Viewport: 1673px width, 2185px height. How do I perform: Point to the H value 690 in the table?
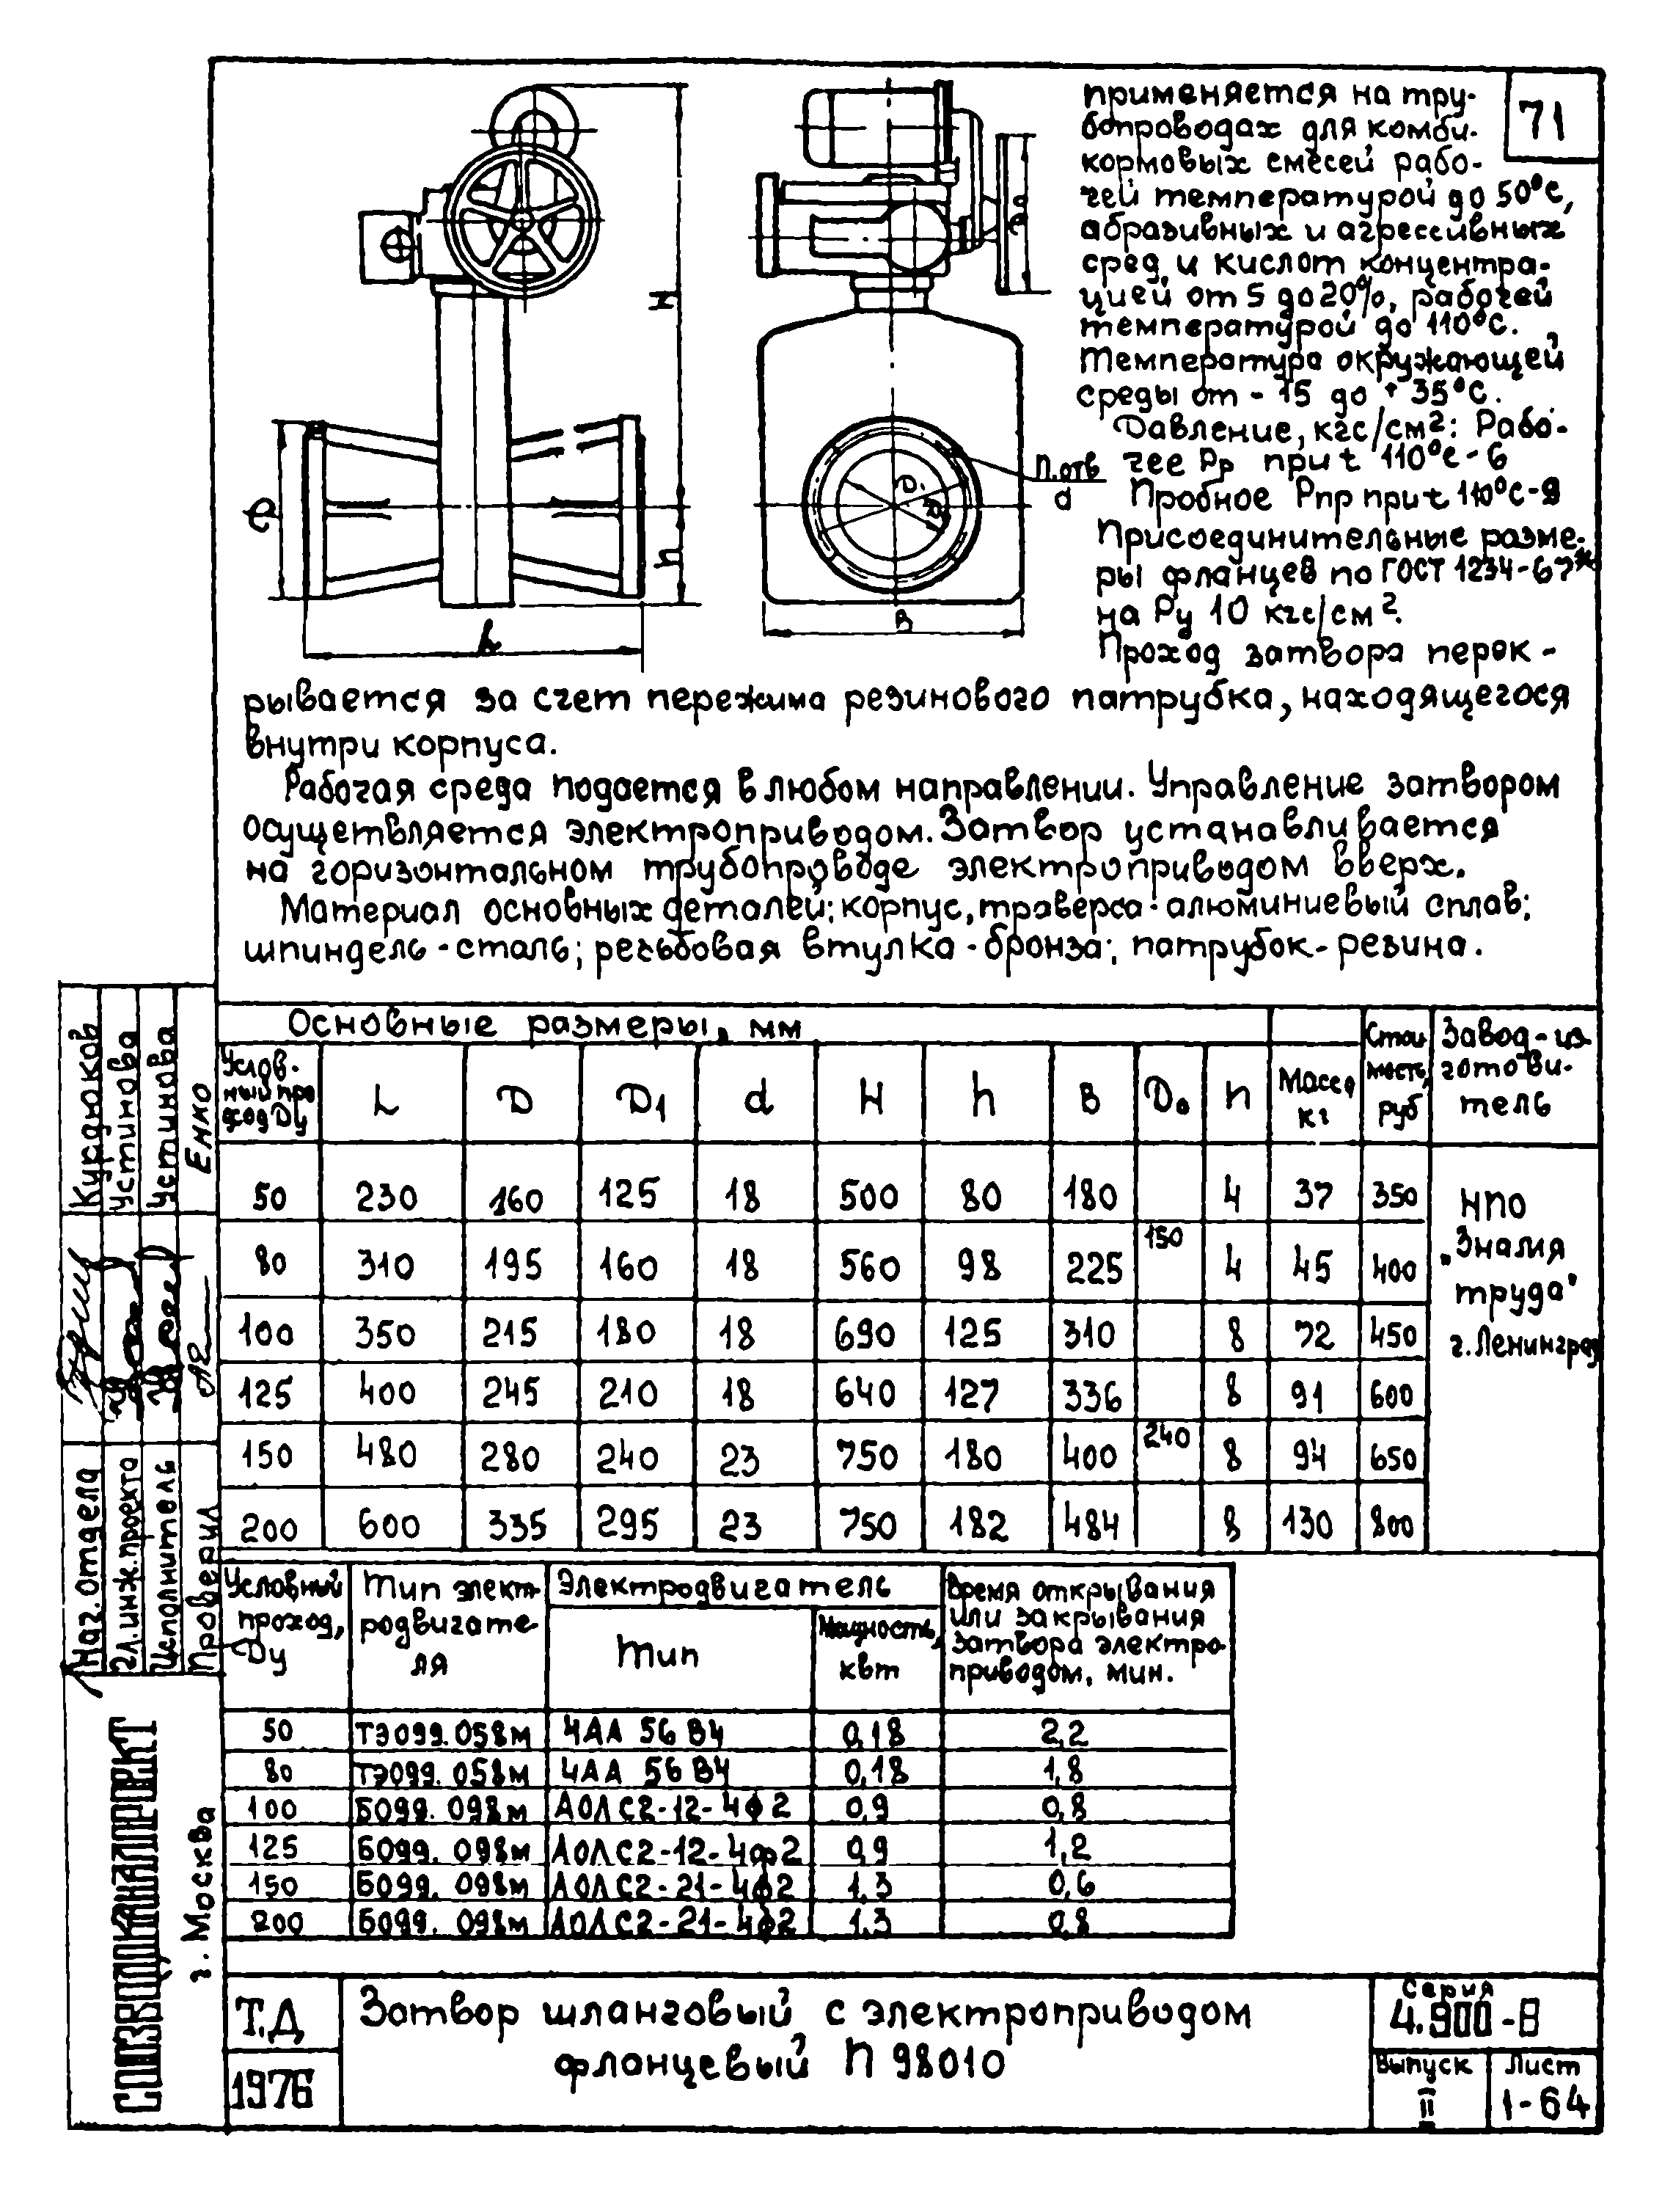[868, 1333]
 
